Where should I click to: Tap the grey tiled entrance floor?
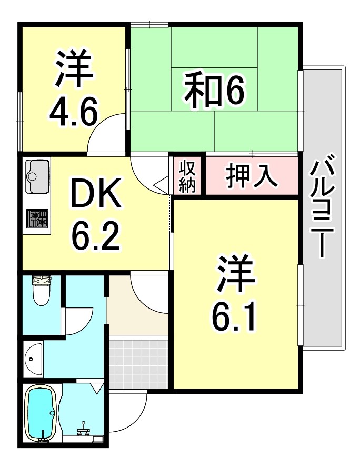(x=139, y=364)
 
